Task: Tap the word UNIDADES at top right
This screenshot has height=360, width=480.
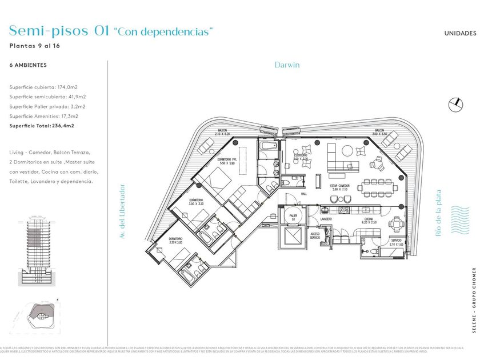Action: [x=460, y=33]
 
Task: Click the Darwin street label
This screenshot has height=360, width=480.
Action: [x=287, y=65]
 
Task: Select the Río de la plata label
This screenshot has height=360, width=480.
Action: [x=438, y=213]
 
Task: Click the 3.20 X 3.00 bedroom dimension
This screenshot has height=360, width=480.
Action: [x=175, y=242]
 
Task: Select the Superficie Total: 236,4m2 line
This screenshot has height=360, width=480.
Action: [x=42, y=125]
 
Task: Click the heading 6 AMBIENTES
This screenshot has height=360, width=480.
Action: [x=29, y=65]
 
